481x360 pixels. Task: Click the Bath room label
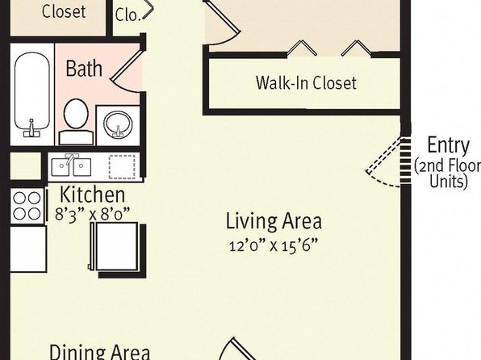click(x=84, y=68)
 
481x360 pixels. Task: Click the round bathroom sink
click(x=118, y=124)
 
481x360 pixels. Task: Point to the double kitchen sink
click(x=71, y=166)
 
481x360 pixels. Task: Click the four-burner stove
click(x=27, y=206)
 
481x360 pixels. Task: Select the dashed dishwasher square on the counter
click(x=122, y=167)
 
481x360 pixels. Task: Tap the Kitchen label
click(x=92, y=195)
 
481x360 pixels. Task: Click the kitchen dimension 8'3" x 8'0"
click(x=92, y=214)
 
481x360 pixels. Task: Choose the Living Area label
click(x=274, y=220)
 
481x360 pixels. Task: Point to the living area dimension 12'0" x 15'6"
click(x=273, y=245)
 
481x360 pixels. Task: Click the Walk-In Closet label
click(x=306, y=82)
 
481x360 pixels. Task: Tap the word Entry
click(x=448, y=145)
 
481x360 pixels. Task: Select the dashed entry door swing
click(x=383, y=163)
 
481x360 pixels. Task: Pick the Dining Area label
click(x=100, y=352)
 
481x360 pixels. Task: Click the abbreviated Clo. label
click(x=128, y=15)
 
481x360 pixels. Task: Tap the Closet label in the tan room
click(x=64, y=11)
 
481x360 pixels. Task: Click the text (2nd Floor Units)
click(x=448, y=174)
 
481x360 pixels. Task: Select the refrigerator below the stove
click(x=28, y=249)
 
